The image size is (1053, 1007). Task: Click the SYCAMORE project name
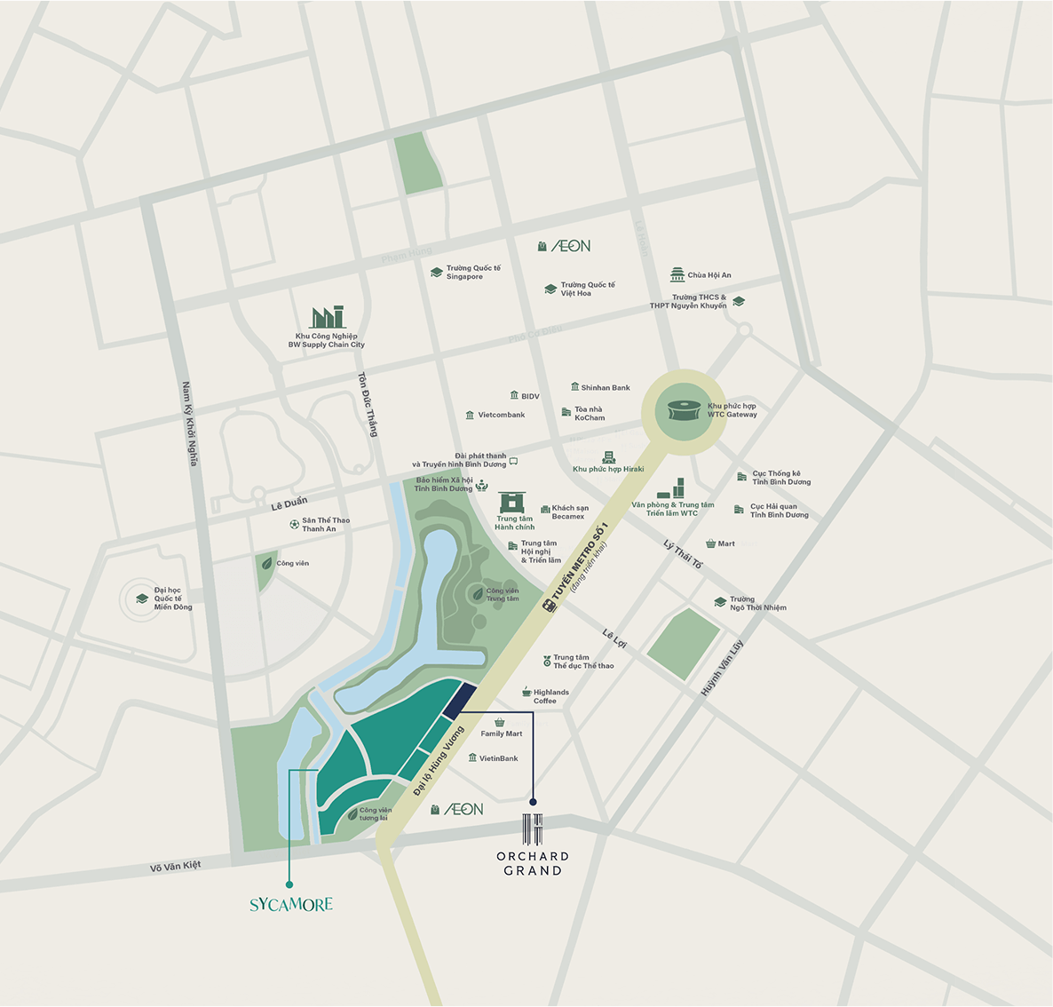click(290, 905)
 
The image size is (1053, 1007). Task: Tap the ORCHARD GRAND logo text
click(533, 863)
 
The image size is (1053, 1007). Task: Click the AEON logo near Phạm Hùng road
click(569, 246)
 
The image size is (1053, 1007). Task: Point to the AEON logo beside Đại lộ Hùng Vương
click(463, 809)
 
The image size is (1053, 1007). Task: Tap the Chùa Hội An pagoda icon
click(677, 274)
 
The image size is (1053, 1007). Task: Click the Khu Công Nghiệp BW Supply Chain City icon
click(327, 317)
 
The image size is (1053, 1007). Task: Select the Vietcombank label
click(501, 415)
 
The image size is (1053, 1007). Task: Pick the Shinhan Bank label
click(605, 387)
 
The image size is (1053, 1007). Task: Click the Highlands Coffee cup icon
click(526, 692)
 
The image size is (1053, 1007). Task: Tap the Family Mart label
click(501, 733)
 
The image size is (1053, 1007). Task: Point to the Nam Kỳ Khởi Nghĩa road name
click(190, 424)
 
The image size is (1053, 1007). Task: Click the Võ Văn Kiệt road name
click(176, 866)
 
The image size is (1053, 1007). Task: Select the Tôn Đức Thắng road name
click(368, 404)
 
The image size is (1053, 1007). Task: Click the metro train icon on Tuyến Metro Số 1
click(549, 606)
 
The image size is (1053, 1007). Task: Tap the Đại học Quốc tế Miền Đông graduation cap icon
click(142, 599)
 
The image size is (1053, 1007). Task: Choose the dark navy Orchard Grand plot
click(459, 701)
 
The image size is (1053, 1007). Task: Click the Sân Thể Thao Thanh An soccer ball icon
click(294, 524)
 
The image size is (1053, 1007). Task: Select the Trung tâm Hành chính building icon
click(511, 503)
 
